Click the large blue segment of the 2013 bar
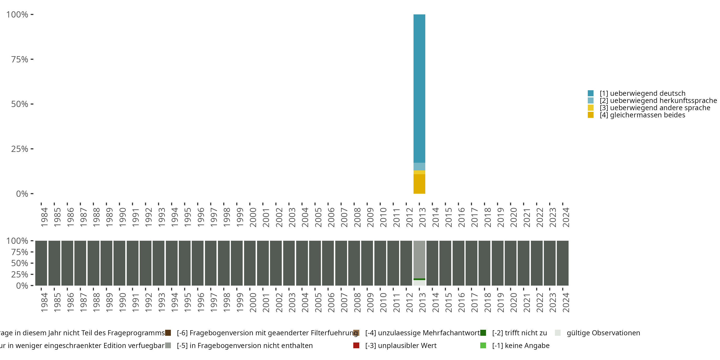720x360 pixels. (419, 88)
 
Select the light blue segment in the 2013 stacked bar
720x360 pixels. (419, 167)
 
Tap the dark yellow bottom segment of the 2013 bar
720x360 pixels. (419, 184)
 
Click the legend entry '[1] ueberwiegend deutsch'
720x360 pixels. (642, 93)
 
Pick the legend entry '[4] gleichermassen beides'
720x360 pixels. (642, 115)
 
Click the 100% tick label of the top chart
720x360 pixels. (17, 15)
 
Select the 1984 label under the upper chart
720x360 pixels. (44, 217)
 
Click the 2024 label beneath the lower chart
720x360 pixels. (566, 302)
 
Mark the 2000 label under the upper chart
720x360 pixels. (253, 217)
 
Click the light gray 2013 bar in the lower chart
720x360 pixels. (419, 258)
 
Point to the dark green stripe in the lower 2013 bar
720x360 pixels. (419, 279)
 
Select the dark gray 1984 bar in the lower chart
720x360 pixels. (41, 263)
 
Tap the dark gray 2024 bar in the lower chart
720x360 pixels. (563, 263)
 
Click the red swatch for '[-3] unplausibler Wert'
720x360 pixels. (356, 345)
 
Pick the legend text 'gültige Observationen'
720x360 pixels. (603, 333)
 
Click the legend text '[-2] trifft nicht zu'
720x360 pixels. (519, 333)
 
